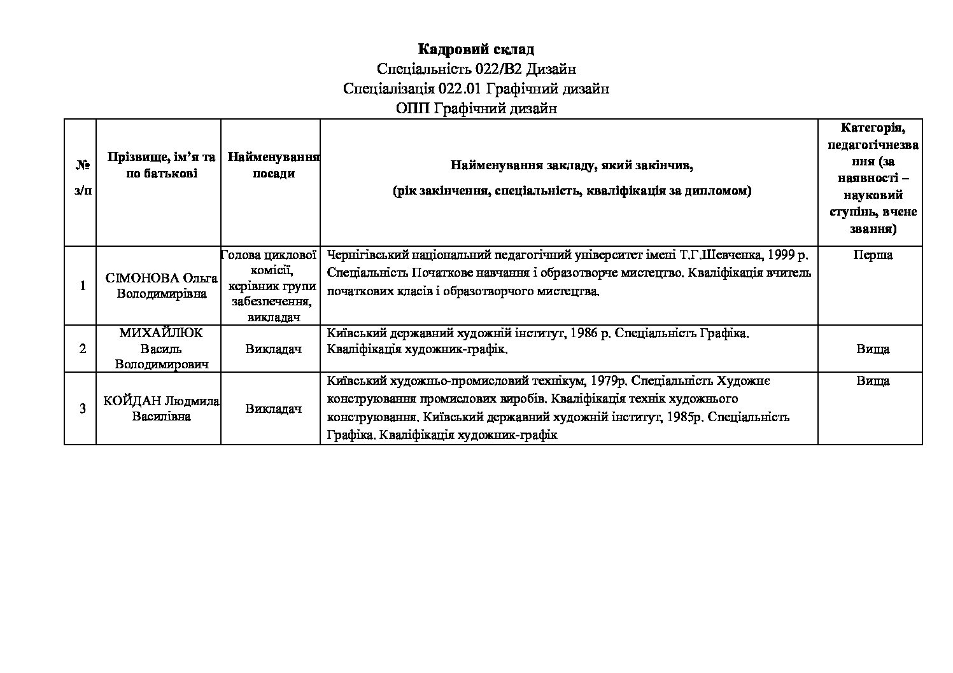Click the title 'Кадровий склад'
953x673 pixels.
(x=476, y=49)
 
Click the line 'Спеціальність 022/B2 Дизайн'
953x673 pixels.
(x=476, y=69)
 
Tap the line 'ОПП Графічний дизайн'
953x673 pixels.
(x=476, y=109)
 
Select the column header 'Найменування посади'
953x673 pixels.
(x=273, y=165)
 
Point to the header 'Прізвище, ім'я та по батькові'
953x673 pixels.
(x=161, y=165)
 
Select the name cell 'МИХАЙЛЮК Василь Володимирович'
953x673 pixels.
(x=161, y=349)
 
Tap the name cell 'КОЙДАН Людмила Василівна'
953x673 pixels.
(x=161, y=408)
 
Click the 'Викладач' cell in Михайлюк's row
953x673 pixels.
(x=273, y=349)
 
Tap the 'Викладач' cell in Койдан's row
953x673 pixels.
(x=273, y=408)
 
